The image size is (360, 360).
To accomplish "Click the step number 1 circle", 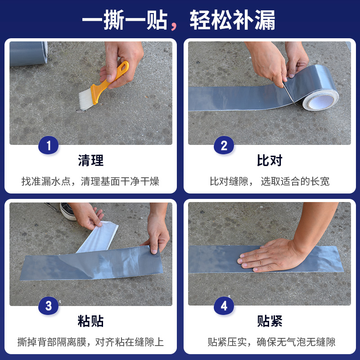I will pos(49,145).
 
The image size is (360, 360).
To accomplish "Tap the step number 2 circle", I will pos(224,145).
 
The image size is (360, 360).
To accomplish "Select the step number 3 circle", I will pos(49,306).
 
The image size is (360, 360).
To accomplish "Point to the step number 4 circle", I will pos(224,306).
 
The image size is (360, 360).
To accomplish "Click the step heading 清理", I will pos(90,160).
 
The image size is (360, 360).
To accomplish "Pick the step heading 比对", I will pos(270,160).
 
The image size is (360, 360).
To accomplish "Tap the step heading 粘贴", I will pos(90,321).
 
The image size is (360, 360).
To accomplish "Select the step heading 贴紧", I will pos(270,321).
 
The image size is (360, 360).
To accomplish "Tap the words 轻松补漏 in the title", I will pos(232,21).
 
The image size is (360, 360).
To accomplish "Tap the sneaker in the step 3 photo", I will pos(68,211).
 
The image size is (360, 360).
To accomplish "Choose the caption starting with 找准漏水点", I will pos(90,181).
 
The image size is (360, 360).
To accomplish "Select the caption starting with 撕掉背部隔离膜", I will pos(90,342).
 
